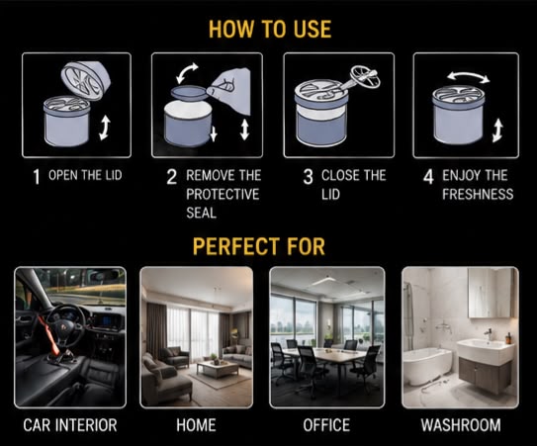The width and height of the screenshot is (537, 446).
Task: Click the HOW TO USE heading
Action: click(270, 29)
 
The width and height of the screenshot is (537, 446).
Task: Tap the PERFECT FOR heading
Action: click(259, 246)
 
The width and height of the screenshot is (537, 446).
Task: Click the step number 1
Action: click(37, 177)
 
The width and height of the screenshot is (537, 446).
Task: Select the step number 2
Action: click(171, 177)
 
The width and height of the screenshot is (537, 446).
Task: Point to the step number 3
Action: click(308, 177)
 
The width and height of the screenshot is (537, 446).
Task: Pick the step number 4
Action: click(428, 177)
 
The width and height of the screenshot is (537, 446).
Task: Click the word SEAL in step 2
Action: click(202, 213)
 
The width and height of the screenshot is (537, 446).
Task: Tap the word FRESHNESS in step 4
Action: click(478, 194)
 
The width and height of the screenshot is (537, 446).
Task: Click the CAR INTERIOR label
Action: click(70, 425)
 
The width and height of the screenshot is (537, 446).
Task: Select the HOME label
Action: click(196, 425)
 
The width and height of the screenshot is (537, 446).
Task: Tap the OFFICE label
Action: click(326, 425)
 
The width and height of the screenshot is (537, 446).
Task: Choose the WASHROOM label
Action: click(461, 425)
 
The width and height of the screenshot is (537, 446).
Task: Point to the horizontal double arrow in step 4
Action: click(468, 76)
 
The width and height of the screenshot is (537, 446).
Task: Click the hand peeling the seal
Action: click(229, 91)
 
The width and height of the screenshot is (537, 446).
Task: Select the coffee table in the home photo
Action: click(218, 368)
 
